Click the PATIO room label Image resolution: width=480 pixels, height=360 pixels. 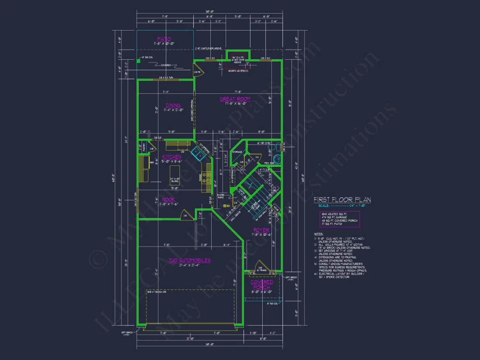point(165,39)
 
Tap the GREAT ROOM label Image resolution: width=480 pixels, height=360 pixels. point(234,99)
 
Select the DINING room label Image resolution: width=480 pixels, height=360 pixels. point(161,105)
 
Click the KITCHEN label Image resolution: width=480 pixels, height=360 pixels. point(171,157)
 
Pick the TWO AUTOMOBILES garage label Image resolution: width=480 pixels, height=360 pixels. point(190,261)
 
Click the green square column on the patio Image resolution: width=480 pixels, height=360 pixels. point(138,61)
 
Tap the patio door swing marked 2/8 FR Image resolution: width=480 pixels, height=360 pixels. point(197,72)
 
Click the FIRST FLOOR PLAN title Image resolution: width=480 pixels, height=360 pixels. point(342,200)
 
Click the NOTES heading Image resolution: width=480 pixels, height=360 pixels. point(319,234)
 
